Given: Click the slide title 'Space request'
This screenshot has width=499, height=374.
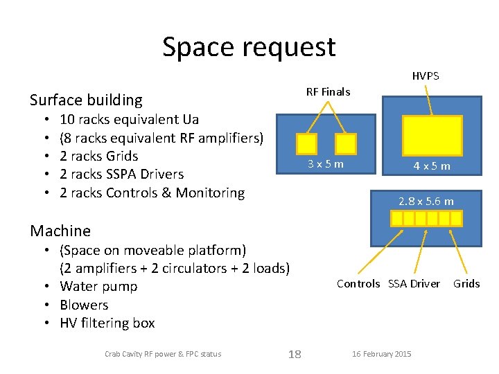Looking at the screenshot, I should (x=249, y=47).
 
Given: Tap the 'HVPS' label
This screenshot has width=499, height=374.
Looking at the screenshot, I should (x=426, y=75).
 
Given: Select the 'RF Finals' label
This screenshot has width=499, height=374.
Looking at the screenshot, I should (x=328, y=91).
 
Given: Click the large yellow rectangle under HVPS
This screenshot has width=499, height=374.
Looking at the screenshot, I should (x=432, y=135).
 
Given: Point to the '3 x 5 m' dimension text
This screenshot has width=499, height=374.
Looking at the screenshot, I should (x=326, y=164).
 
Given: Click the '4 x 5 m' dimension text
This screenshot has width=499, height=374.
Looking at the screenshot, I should (x=431, y=166).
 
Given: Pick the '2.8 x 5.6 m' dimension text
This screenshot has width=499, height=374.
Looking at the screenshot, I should (x=426, y=202).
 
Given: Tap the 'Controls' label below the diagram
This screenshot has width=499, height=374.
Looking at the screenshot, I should (x=358, y=283).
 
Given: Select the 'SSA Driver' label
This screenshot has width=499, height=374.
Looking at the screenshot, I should (x=414, y=283).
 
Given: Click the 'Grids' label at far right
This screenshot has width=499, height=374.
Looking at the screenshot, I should (x=466, y=283).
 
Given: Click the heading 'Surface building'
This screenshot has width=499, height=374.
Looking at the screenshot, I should (x=86, y=100).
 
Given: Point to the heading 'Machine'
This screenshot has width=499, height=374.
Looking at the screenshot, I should (x=60, y=231).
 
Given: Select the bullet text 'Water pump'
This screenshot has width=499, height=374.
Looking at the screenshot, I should (x=98, y=286).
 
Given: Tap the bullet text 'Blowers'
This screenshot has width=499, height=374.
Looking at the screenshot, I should (x=84, y=305).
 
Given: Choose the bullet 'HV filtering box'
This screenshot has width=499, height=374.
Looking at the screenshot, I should (x=107, y=323).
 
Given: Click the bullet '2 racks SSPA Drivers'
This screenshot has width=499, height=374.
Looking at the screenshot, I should (x=121, y=174).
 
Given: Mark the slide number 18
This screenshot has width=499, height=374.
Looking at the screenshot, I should (x=295, y=354).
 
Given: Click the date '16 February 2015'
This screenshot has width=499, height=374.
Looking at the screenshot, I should (x=381, y=354).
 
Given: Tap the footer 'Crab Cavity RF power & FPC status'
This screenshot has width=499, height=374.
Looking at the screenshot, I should (x=163, y=354).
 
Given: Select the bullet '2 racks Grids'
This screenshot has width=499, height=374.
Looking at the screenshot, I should (x=99, y=156).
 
